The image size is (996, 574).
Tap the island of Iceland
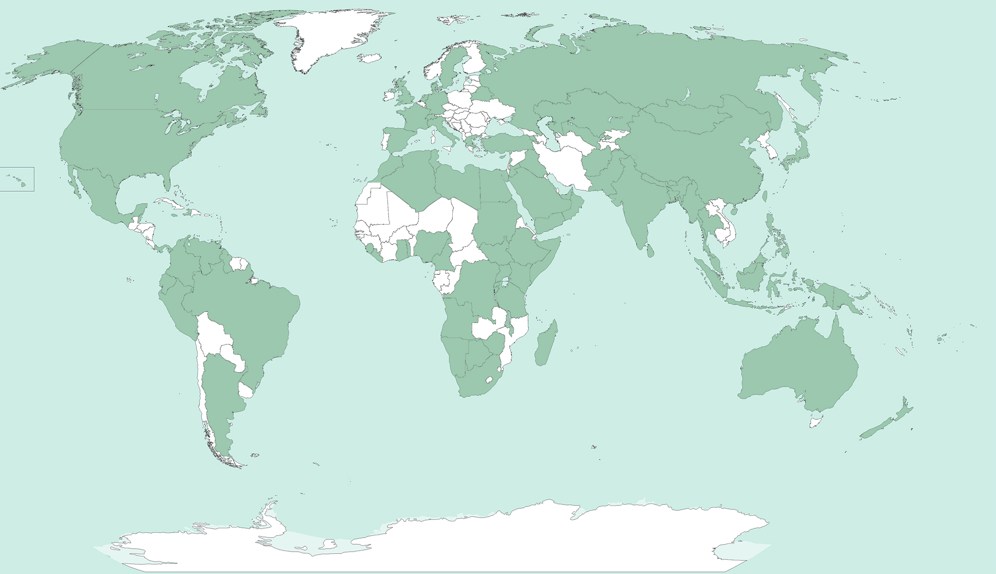pos(370,58)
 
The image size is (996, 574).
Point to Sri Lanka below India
pos(650,251)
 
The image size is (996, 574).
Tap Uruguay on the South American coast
pos(246,391)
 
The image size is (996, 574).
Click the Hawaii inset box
pos(17,179)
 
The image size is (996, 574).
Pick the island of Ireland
pos(389,95)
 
